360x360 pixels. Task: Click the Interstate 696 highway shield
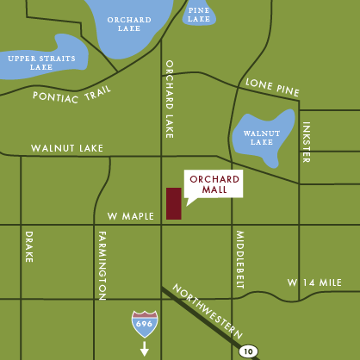(x=144, y=324)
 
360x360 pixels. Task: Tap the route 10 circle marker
(x=248, y=351)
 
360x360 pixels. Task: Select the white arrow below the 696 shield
(x=144, y=348)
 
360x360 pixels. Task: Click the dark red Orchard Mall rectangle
(x=174, y=203)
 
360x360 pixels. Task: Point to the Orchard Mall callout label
(x=214, y=184)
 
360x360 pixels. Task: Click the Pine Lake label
(x=199, y=13)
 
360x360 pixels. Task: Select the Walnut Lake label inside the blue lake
(x=261, y=137)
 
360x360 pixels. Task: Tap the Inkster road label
(x=306, y=142)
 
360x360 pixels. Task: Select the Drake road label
(x=28, y=246)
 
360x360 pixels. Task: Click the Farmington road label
(x=102, y=266)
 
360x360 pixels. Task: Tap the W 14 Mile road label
(x=315, y=282)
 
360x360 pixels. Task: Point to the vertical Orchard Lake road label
(x=170, y=99)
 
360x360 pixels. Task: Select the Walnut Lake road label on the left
(x=67, y=148)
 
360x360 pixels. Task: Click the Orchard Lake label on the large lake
(x=129, y=24)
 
